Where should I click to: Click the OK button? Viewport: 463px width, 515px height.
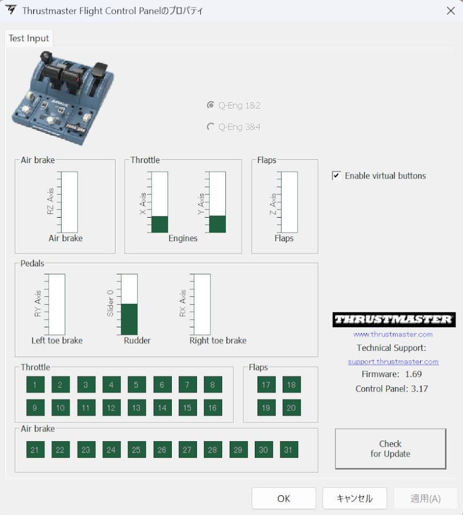(x=284, y=498)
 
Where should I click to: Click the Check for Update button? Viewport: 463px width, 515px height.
(x=390, y=449)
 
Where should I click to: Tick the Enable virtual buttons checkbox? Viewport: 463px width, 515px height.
(x=336, y=175)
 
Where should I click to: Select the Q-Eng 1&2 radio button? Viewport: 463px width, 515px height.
(x=211, y=105)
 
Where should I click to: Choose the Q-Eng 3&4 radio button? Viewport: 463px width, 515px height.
(x=211, y=127)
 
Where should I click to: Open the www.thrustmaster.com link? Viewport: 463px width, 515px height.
(x=393, y=334)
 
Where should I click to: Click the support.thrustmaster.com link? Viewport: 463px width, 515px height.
(x=393, y=362)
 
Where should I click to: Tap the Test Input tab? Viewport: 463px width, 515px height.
(x=29, y=39)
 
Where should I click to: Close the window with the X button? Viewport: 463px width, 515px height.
(x=451, y=11)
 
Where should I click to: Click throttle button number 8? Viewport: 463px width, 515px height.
(x=212, y=385)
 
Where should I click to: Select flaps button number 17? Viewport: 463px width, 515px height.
(x=266, y=385)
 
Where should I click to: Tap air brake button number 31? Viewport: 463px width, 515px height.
(x=289, y=450)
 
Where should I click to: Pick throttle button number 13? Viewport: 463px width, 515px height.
(x=136, y=408)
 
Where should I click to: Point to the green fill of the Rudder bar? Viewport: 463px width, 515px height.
(x=130, y=319)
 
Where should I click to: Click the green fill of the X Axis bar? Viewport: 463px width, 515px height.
(x=160, y=224)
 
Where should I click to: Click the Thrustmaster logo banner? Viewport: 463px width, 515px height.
(x=394, y=320)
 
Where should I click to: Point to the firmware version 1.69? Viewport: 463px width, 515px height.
(x=413, y=374)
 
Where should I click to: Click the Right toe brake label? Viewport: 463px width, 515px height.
(x=218, y=341)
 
